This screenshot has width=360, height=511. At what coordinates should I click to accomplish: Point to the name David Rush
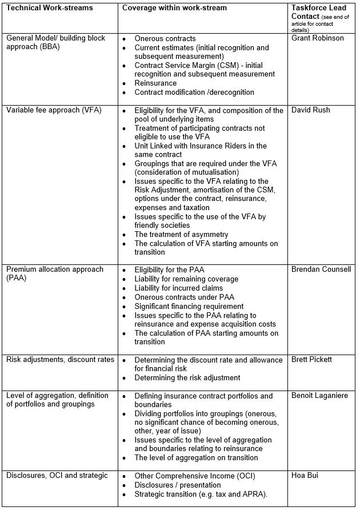point(310,110)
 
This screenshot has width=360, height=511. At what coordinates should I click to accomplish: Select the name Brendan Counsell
point(321,269)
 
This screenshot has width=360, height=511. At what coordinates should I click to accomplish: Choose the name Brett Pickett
point(311,360)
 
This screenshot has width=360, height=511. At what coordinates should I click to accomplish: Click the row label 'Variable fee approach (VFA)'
point(54,110)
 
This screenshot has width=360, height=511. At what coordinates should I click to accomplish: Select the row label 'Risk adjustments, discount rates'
point(60,360)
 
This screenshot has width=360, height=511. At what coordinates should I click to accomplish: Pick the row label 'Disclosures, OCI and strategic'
point(57,476)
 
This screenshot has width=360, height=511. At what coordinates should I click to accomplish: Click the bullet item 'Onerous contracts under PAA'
point(184,297)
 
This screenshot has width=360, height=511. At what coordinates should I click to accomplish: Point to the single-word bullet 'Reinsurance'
point(155,83)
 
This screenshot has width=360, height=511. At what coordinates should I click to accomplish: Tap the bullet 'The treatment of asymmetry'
point(181,235)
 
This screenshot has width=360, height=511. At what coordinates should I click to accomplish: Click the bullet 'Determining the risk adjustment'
point(187,377)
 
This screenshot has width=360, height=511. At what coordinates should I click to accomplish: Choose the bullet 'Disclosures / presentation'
point(178,485)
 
